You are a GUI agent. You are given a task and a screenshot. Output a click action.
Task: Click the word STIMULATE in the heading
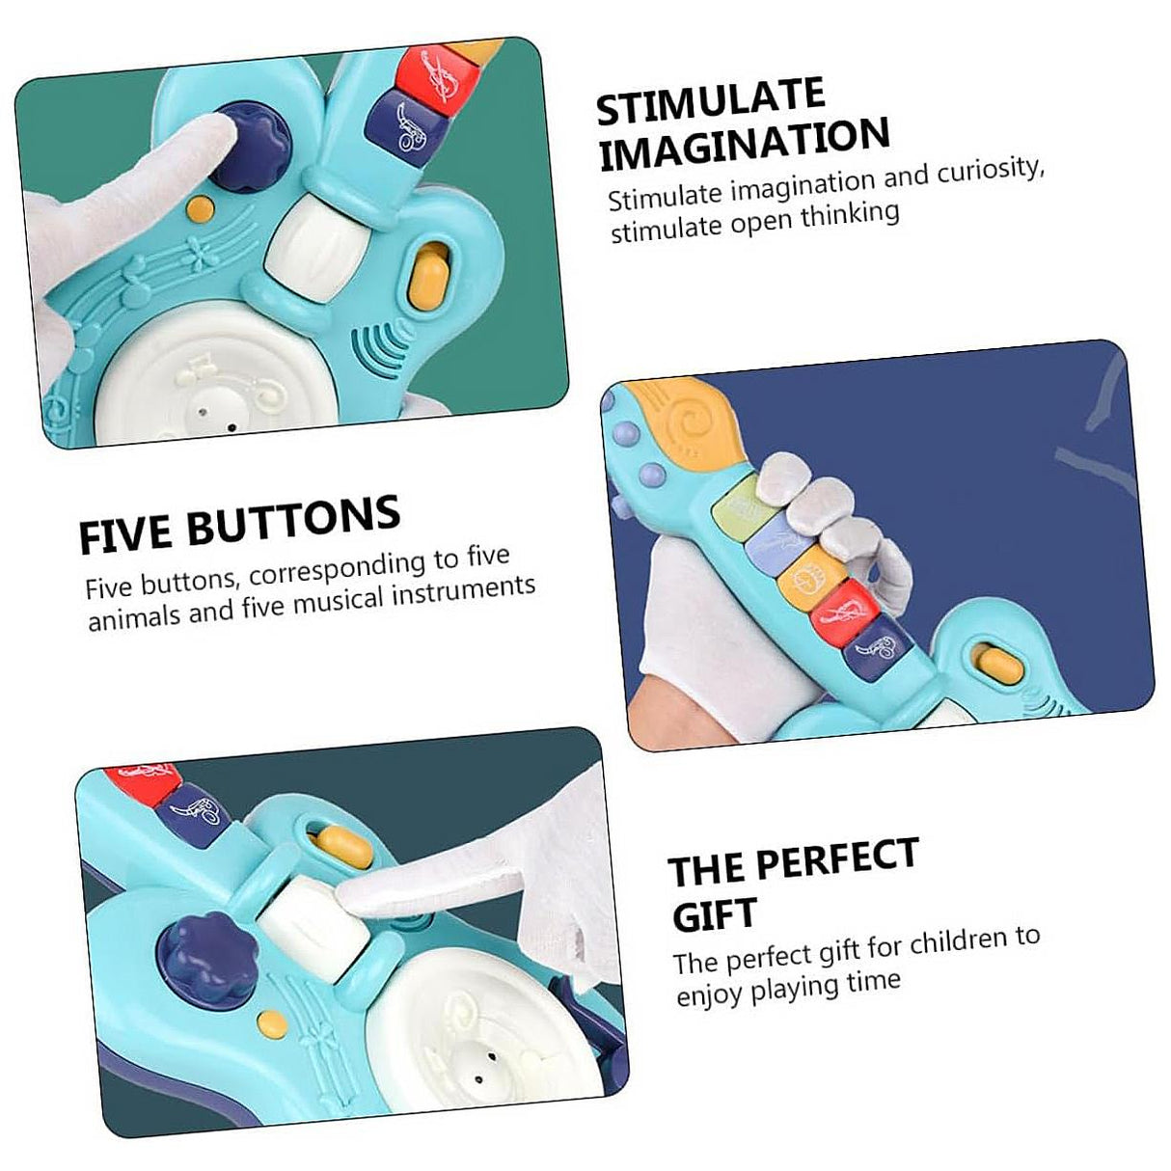(x=710, y=101)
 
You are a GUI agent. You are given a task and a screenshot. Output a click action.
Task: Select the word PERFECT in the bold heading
(x=837, y=858)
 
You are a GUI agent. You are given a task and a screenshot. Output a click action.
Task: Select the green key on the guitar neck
(x=737, y=506)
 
